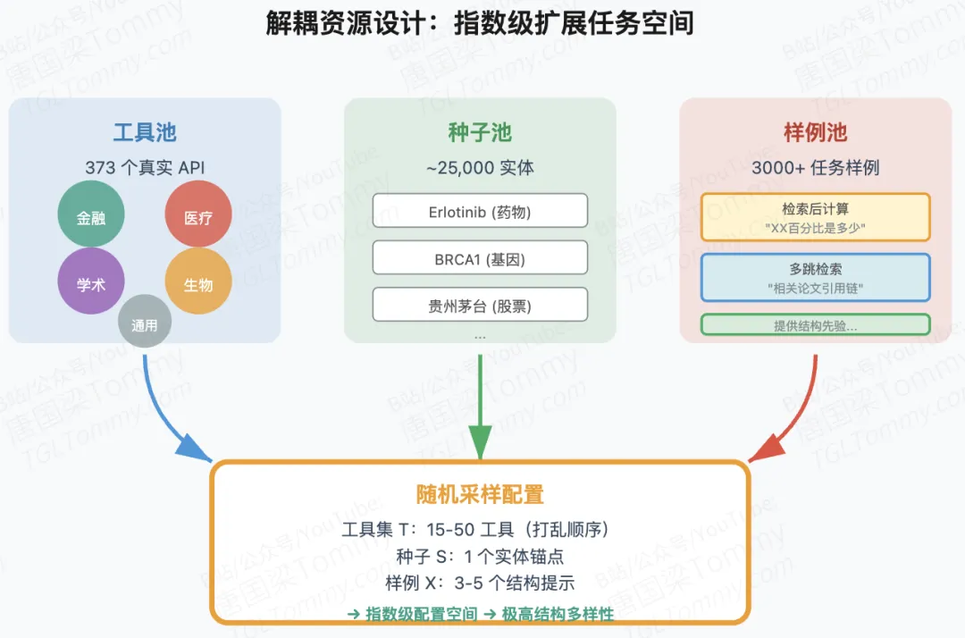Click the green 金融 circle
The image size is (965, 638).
91,216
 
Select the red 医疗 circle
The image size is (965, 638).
198,216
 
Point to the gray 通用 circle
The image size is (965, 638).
145,323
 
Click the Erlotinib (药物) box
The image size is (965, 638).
480,211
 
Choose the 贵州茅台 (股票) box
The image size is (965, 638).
480,305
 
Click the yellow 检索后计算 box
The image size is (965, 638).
815,217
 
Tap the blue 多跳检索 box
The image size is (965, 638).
815,276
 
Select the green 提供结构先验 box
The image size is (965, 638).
815,325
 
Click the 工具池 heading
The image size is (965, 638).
145,133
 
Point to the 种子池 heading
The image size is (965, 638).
480,133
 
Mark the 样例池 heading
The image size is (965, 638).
815,133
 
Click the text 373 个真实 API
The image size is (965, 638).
145,167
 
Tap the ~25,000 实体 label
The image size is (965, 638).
480,167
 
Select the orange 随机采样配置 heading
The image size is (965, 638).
480,494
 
